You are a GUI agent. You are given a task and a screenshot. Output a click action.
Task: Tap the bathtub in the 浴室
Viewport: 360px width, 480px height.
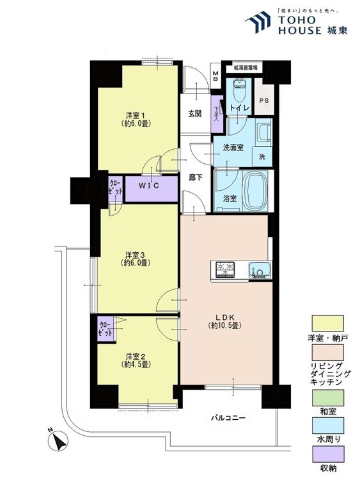pos(255,190)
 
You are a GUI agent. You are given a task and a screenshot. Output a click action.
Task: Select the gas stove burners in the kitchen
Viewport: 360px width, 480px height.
pos(226,269)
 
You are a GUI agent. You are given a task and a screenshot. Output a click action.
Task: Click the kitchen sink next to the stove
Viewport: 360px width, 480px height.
pos(260,270)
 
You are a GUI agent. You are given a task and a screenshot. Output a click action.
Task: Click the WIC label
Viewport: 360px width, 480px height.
pos(149,186)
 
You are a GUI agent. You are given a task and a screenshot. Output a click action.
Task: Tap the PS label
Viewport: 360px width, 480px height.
pos(264,100)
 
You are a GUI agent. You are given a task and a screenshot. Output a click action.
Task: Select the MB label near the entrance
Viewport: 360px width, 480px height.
pos(216,76)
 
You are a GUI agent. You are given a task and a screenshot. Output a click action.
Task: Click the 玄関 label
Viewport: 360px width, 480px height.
pos(194,113)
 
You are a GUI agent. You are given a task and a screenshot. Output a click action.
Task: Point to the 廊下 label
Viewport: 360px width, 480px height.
pos(196,177)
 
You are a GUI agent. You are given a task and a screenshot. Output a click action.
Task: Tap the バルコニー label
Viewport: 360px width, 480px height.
pos(228,418)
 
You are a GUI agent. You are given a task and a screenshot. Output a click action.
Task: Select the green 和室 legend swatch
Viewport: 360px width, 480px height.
pos(327,398)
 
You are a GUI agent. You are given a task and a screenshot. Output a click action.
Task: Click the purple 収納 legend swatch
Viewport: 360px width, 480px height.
pos(327,454)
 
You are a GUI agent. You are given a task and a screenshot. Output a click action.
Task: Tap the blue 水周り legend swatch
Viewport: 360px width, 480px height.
pos(327,426)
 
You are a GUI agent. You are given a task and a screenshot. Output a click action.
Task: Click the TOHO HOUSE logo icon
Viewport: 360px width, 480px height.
pos(258,22)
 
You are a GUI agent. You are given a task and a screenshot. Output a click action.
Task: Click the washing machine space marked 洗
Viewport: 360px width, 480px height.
pos(262,156)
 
